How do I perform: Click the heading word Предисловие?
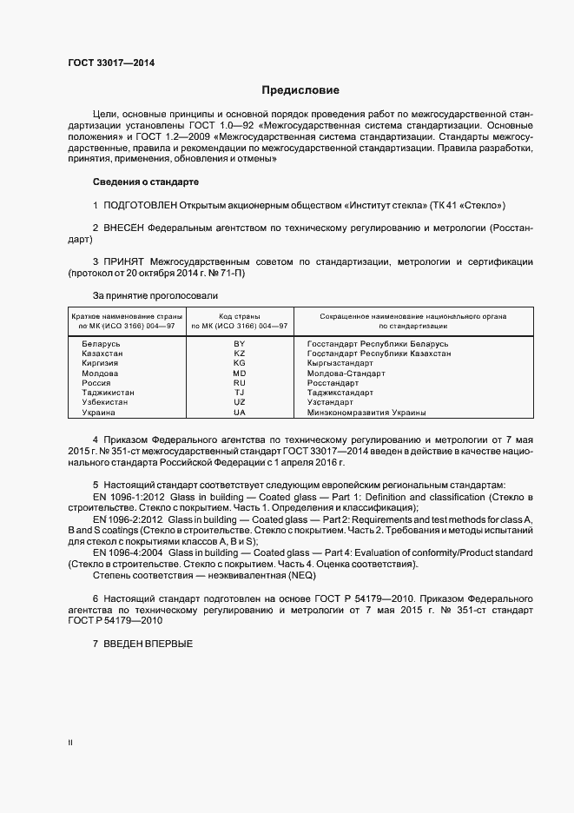point(301,89)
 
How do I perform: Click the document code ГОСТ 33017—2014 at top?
point(112,63)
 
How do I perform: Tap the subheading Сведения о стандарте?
point(146,182)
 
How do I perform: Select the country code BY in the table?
point(240,345)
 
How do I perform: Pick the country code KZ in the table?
point(240,354)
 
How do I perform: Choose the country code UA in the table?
point(240,413)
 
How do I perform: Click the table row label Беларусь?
point(101,345)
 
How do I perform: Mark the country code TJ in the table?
point(240,393)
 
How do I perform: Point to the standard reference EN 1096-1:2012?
point(129,496)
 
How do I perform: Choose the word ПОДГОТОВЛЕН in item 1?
point(139,205)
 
